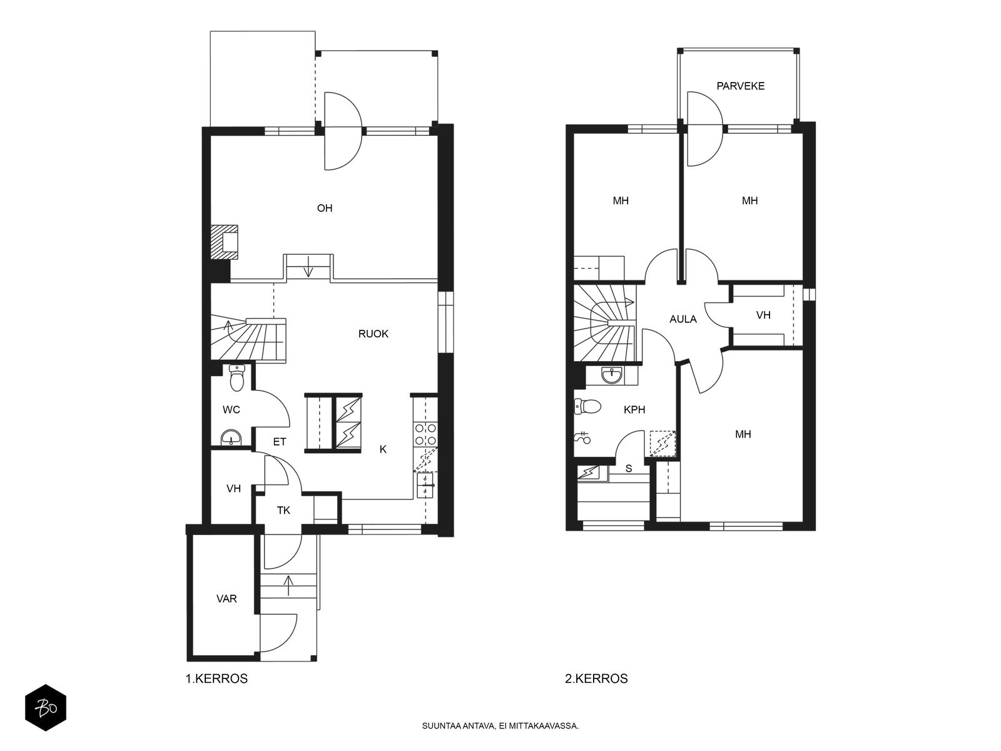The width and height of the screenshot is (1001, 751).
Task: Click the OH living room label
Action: tap(324, 208)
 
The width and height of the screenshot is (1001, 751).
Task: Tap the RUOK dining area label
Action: tap(373, 334)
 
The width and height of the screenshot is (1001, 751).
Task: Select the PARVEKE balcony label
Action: tap(740, 86)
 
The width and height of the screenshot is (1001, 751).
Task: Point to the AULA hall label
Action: tap(683, 319)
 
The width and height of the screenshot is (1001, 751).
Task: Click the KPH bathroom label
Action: tap(634, 409)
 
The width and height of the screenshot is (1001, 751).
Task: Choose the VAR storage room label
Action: tap(226, 598)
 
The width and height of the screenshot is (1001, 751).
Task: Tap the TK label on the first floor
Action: tap(283, 510)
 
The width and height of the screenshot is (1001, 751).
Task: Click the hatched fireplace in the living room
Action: tap(224, 242)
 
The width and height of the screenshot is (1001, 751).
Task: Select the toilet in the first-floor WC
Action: tap(236, 378)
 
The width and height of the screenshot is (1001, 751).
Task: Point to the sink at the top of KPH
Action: tap(611, 375)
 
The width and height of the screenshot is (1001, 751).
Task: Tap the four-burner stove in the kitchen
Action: tap(425, 434)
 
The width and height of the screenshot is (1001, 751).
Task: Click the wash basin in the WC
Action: tap(232, 438)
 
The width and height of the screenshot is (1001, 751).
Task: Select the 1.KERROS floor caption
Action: tap(216, 678)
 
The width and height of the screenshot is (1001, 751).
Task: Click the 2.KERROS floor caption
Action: tap(596, 678)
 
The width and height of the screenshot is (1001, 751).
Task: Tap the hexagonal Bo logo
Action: tap(46, 708)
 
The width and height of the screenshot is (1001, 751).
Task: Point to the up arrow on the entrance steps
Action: tap(288, 586)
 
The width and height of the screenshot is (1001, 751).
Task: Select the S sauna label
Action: tap(628, 468)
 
